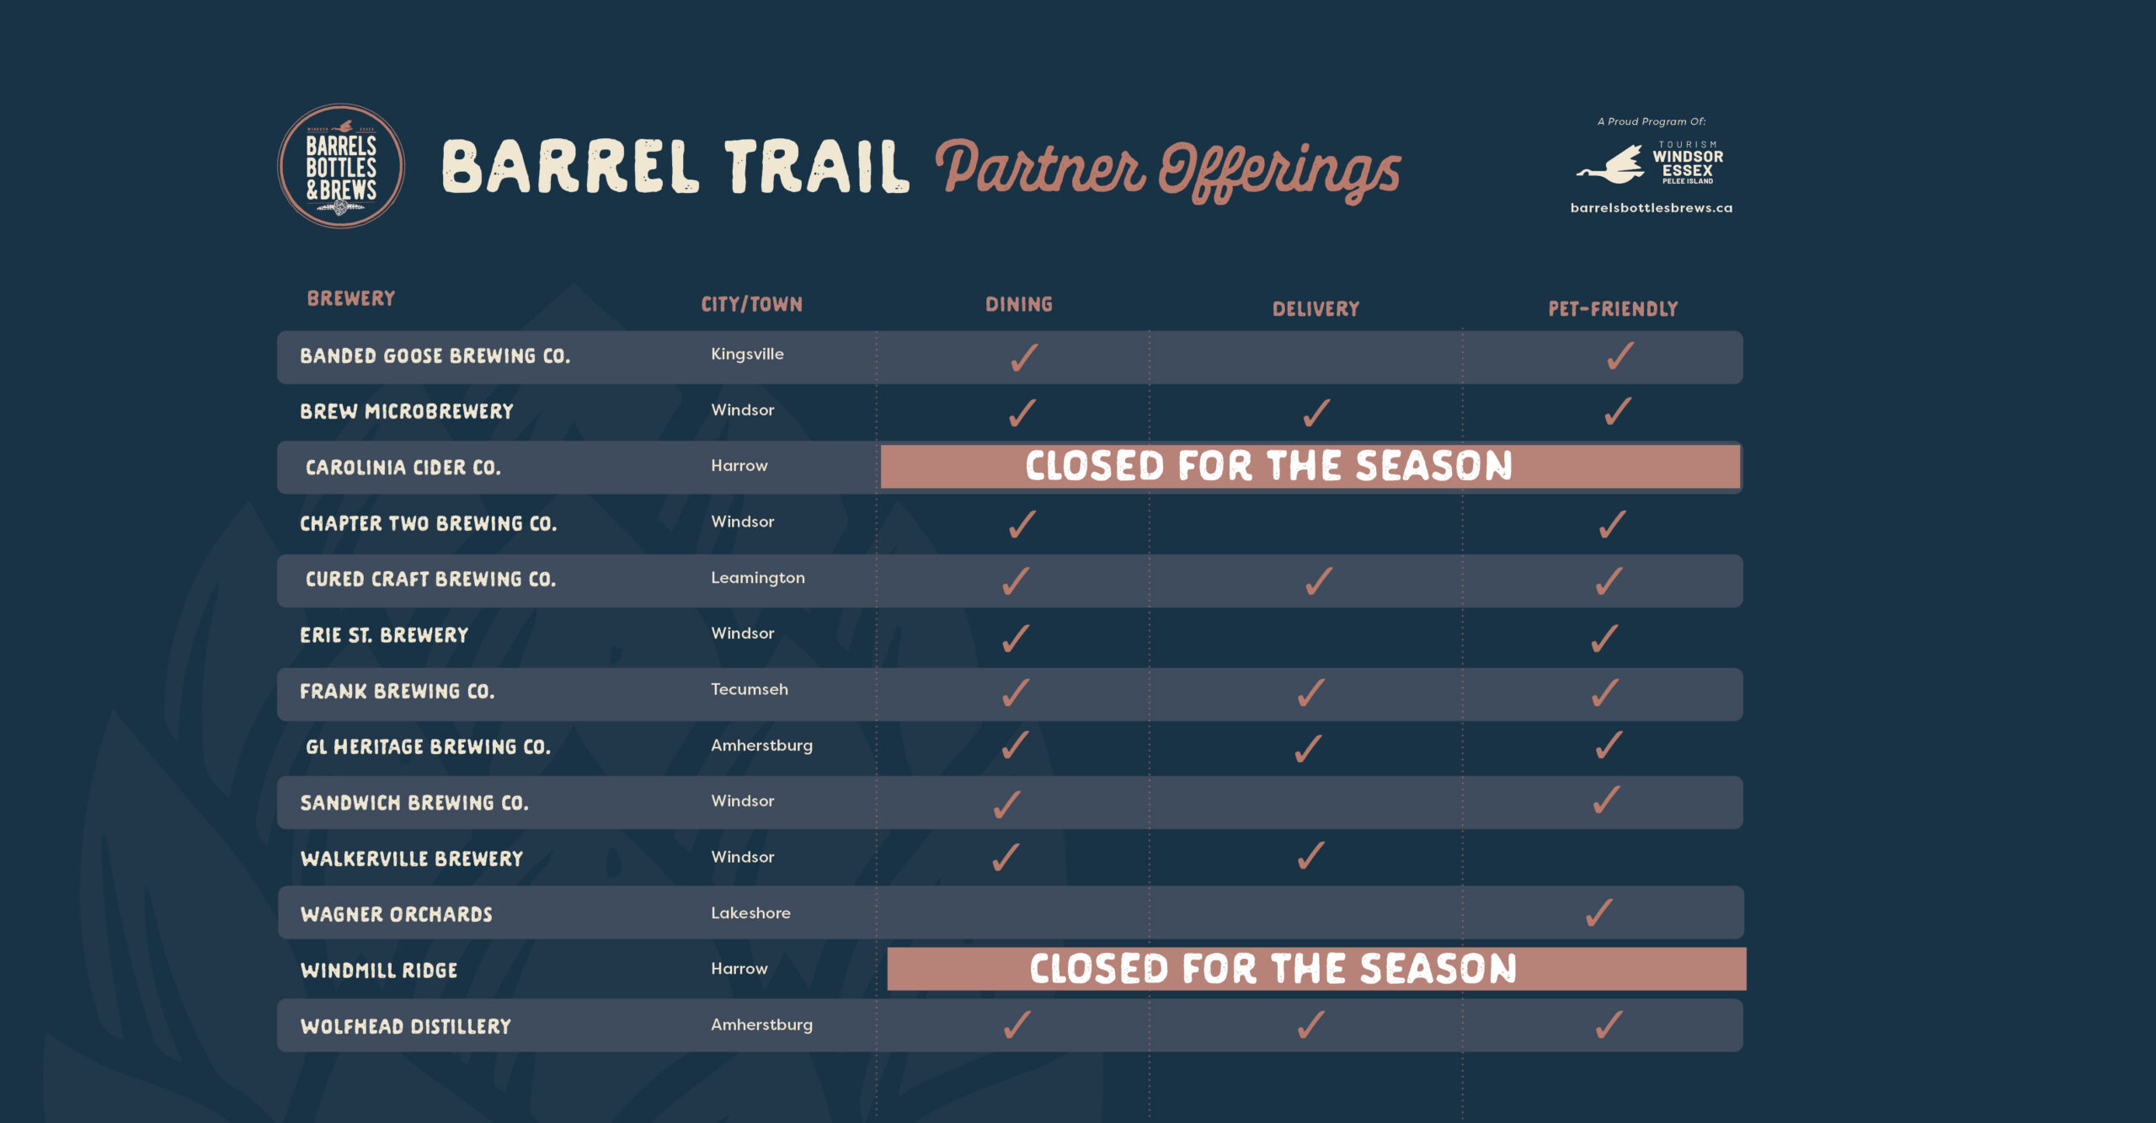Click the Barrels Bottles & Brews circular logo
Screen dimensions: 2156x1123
(341, 166)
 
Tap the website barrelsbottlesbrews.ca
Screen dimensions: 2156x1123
(1652, 208)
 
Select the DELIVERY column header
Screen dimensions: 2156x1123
(1315, 309)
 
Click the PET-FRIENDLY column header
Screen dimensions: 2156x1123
(1613, 309)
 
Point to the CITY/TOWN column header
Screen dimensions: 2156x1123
(751, 304)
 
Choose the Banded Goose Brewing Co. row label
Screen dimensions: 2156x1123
(435, 356)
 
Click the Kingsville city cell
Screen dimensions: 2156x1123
(747, 354)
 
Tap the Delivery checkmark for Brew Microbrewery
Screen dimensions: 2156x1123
(1316, 413)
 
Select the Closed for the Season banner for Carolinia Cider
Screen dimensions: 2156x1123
(1310, 466)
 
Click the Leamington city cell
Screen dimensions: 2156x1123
(758, 578)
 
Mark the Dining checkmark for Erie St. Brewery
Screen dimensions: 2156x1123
(1016, 639)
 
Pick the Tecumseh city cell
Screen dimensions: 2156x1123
(750, 689)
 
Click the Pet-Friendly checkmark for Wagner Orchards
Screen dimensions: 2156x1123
(1599, 912)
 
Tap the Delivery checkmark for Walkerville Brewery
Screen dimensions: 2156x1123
(1311, 855)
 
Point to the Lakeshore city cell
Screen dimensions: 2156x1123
(750, 913)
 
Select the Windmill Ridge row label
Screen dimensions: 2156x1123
(379, 971)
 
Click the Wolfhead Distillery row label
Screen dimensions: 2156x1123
(406, 1026)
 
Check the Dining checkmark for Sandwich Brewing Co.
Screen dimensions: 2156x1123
(1007, 805)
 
